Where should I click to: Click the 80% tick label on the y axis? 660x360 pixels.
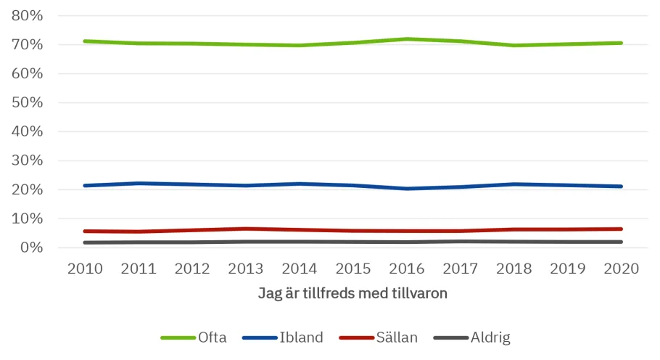[28, 15]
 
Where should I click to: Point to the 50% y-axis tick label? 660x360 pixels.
[28, 102]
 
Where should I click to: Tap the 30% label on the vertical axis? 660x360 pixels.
[28, 160]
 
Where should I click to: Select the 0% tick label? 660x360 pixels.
[31, 247]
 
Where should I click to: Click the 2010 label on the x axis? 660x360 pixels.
[86, 269]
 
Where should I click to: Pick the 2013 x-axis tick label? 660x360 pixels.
[246, 269]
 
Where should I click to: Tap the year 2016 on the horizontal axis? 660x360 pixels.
[406, 269]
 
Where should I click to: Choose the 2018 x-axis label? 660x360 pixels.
[513, 269]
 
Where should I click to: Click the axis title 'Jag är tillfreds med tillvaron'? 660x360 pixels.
[353, 293]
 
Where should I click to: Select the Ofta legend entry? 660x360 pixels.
[212, 337]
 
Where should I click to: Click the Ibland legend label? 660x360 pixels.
[301, 337]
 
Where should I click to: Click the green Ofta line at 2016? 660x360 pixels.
[406, 39]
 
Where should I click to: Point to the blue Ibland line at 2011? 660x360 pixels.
[139, 184]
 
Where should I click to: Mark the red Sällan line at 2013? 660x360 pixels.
[246, 229]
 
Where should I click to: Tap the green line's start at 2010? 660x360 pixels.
[86, 41]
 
